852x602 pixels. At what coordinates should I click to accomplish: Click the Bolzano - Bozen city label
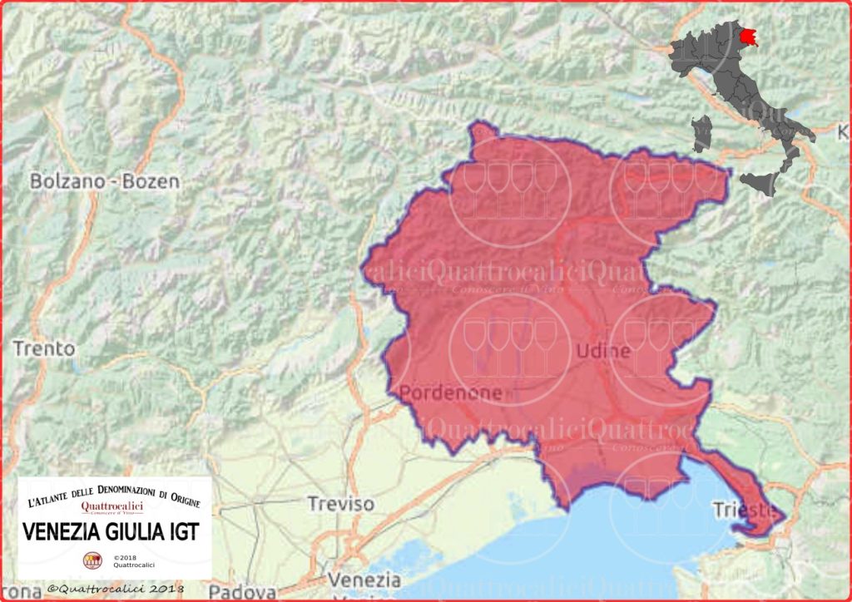coord(105,181)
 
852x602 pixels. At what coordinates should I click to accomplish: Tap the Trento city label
coord(43,348)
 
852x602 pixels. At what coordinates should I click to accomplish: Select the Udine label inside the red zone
coord(603,351)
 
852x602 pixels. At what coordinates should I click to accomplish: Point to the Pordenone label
coord(450,392)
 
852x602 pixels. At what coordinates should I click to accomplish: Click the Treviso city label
coord(340,504)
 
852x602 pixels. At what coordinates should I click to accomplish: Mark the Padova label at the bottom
coord(242,591)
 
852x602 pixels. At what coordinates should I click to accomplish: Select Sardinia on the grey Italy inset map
coord(702,133)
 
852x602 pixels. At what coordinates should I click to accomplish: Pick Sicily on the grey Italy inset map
coord(760,182)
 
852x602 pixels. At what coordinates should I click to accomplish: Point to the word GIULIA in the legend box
coord(131,531)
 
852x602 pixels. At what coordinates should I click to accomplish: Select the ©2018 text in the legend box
coord(124,557)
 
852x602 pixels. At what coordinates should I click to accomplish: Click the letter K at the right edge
coord(843,132)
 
